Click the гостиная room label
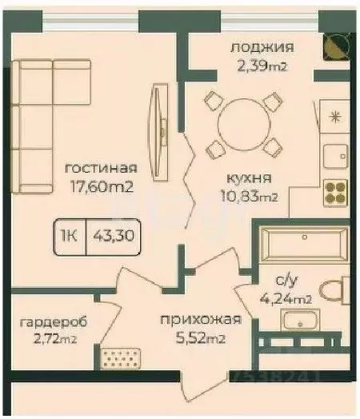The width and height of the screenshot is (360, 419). [101, 169]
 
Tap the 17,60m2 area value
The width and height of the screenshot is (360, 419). [101, 188]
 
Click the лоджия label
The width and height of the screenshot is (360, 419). [262, 47]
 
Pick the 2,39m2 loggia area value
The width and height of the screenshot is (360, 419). [262, 66]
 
